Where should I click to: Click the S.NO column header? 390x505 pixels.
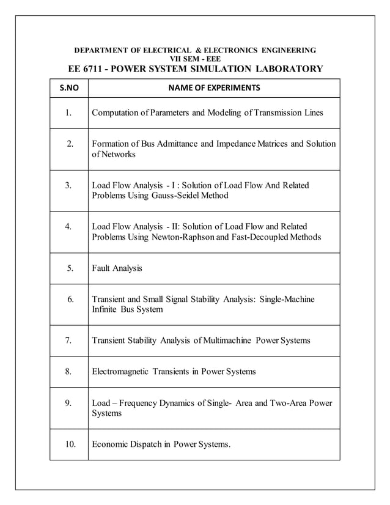68,88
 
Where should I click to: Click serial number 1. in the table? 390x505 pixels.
69,113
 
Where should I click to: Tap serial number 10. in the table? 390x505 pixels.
69,444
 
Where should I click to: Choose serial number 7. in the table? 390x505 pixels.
69,340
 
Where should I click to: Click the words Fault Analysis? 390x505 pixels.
117,268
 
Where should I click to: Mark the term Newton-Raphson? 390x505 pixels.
175,237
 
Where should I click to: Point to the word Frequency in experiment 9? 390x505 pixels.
139,403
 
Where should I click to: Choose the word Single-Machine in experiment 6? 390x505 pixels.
287,300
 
